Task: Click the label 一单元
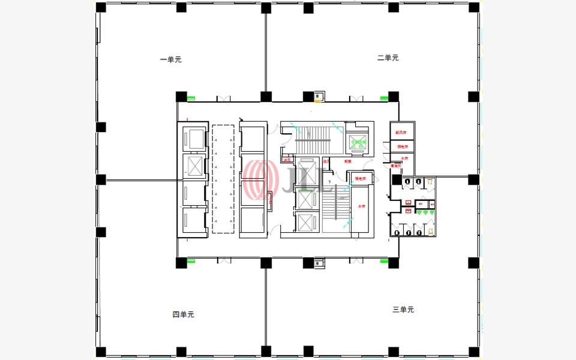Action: pyautogui.click(x=170, y=59)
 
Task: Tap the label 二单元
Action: pyautogui.click(x=388, y=58)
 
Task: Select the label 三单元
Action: pyautogui.click(x=403, y=310)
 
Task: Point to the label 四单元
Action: pyautogui.click(x=183, y=314)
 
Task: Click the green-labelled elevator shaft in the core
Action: pyautogui.click(x=359, y=143)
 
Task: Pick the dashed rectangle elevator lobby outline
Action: pyautogui.click(x=223, y=179)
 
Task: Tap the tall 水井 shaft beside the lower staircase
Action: pyautogui.click(x=362, y=207)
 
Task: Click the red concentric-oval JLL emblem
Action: pyautogui.click(x=259, y=180)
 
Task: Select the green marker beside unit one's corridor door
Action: pyautogui.click(x=191, y=98)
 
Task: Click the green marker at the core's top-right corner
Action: pyautogui.click(x=383, y=98)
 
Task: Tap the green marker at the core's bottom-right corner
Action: pyautogui.click(x=384, y=261)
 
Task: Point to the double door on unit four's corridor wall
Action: pyautogui.click(x=224, y=260)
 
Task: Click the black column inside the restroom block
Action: pyautogui.click(x=397, y=180)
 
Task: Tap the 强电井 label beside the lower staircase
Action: pyautogui.click(x=361, y=178)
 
